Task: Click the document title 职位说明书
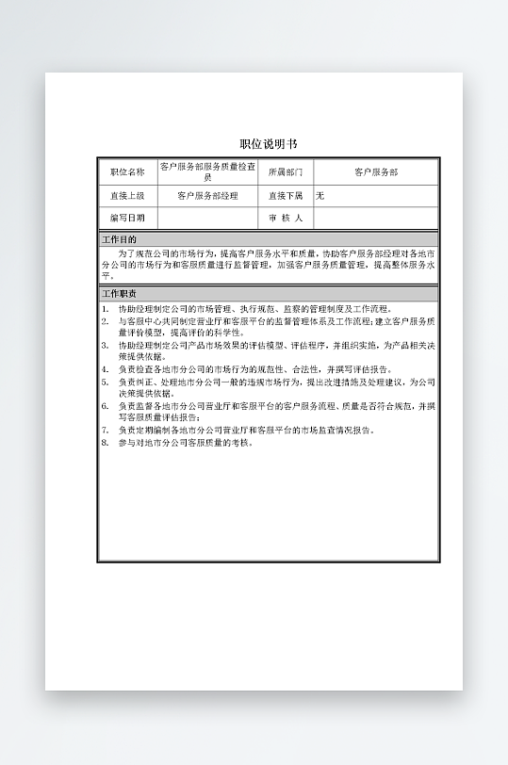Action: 268,144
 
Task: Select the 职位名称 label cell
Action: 128,172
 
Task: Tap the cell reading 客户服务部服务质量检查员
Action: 207,171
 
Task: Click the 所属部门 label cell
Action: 286,172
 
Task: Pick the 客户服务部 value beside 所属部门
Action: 375,172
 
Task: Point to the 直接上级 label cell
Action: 128,196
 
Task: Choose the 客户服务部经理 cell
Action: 207,196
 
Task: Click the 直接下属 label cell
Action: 286,196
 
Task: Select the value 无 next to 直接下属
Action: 320,196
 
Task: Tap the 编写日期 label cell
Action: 128,219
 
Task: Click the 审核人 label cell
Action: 286,219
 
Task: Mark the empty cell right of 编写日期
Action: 207,219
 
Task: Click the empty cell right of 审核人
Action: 375,219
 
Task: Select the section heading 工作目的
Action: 120,240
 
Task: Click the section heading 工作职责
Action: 120,294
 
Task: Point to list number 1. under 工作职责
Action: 106,308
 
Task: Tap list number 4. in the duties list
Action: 106,370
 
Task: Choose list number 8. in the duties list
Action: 106,442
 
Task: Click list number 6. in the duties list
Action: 106,406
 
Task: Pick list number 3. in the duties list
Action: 106,346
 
